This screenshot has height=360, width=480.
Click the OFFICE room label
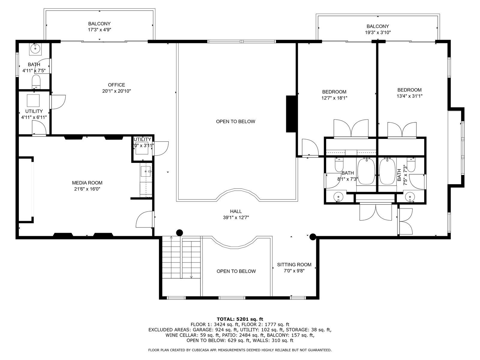pos(116,85)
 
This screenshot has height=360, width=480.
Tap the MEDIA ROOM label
pos(87,183)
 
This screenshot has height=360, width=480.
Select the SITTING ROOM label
pos(294,265)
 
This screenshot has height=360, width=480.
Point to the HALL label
pos(236,211)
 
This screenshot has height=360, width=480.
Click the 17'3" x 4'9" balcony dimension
pos(100,30)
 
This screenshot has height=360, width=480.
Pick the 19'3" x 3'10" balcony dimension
pos(378,33)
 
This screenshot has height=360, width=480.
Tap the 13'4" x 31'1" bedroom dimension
pos(409,96)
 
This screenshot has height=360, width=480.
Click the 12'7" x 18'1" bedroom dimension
pos(334,98)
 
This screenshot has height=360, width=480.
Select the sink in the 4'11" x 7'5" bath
pos(35,48)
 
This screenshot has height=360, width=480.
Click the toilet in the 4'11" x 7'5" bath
pos(36,82)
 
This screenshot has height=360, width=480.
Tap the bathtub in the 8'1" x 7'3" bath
pos(366,172)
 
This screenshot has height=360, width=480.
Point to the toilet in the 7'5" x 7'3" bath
pos(411,165)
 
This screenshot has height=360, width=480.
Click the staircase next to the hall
pos(181,257)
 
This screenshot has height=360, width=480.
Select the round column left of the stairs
pos(179,232)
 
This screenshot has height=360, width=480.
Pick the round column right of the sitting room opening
pos(313,237)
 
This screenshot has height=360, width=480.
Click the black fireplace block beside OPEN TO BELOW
pos(291,114)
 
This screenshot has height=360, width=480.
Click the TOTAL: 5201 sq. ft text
pos(240,319)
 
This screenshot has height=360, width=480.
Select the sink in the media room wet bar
pos(145,171)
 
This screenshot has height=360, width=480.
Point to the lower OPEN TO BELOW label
pos(236,271)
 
